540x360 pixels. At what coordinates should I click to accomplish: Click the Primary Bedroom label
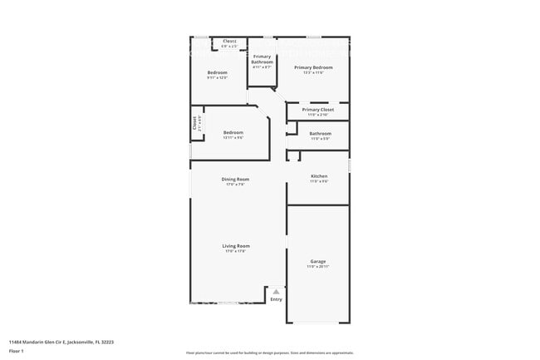coord(314,67)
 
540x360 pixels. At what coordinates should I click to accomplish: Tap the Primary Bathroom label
coord(263,59)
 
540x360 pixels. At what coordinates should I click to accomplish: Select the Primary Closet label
coord(318,109)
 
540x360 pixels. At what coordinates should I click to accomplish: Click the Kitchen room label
coord(319,175)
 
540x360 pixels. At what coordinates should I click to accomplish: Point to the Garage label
coord(318,260)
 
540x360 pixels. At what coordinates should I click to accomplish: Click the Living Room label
coord(236,245)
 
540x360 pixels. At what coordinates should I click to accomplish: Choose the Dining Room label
coord(235,179)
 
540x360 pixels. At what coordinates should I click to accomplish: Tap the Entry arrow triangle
coord(276,292)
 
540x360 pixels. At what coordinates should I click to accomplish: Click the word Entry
coord(276,299)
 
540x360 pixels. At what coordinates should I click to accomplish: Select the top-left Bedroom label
coord(217,72)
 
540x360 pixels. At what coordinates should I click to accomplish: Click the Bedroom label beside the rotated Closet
coord(233,132)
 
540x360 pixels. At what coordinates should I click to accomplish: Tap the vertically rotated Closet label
coord(195,124)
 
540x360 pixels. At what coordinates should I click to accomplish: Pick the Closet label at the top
coord(229,41)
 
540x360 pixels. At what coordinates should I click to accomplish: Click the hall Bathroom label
coord(320,133)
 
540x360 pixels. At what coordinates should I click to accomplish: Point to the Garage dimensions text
coord(318,266)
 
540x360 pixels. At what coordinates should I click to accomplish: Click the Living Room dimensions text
coord(236,251)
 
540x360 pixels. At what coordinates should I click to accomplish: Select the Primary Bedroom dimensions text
coord(314,72)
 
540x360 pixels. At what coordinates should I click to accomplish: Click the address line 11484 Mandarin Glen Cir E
coord(61,342)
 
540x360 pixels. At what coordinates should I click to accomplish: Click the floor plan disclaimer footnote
coord(270,353)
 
